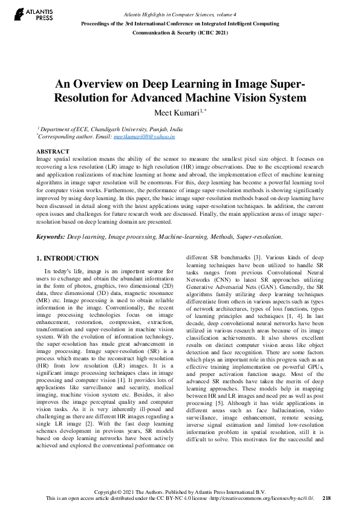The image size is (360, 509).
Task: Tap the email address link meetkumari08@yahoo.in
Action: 144,137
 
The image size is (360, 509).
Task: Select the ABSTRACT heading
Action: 53,151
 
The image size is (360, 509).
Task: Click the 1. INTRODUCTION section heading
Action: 67,258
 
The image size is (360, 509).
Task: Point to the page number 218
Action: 327,498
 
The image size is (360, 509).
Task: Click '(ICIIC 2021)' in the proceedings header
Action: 215,33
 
